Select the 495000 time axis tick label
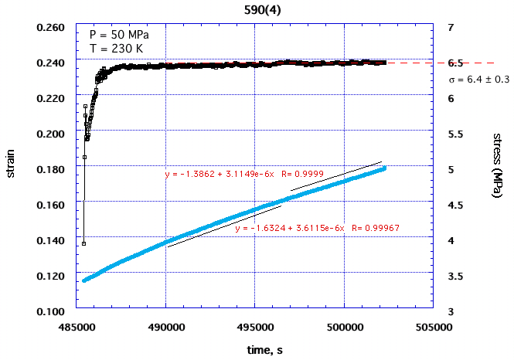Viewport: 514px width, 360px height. (255, 327)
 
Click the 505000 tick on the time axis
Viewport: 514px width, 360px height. (434, 327)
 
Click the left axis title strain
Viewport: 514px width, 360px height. (12, 168)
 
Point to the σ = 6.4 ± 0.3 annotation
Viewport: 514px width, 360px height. (478, 79)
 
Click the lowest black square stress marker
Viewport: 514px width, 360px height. (83, 243)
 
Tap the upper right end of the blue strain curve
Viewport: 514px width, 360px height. (384, 168)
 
